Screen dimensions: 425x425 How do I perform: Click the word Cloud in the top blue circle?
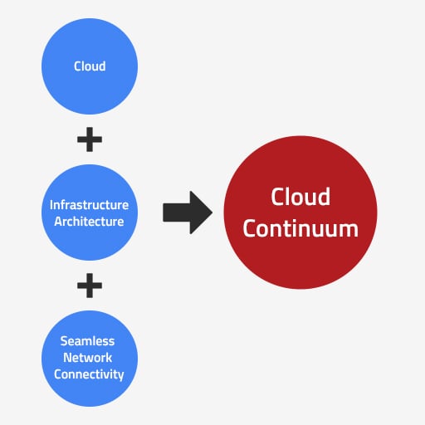click(x=90, y=66)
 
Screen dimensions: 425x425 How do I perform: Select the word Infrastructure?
click(x=89, y=205)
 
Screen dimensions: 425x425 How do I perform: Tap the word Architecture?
click(x=89, y=222)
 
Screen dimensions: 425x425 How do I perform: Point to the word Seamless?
click(x=87, y=341)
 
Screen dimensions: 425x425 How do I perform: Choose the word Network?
click(x=88, y=358)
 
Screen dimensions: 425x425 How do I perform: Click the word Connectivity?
click(x=89, y=374)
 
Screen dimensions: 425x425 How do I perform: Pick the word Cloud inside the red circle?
click(x=300, y=197)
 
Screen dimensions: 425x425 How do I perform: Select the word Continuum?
click(x=300, y=229)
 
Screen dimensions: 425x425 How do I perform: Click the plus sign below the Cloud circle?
click(x=90, y=139)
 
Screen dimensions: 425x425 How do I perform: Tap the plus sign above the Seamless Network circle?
click(x=90, y=286)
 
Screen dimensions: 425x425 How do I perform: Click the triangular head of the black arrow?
click(x=201, y=212)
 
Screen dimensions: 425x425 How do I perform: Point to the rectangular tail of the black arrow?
click(x=177, y=212)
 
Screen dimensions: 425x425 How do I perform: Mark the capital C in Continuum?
click(x=250, y=229)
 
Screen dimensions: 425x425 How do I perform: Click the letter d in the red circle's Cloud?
click(x=324, y=197)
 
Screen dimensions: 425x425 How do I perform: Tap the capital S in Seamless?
click(x=64, y=341)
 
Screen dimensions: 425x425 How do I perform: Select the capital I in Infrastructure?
click(x=51, y=205)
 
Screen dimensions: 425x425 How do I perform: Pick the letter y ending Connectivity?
click(x=120, y=376)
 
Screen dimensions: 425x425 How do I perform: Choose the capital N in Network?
click(x=68, y=358)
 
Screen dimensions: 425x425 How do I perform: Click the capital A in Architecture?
click(x=59, y=222)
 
